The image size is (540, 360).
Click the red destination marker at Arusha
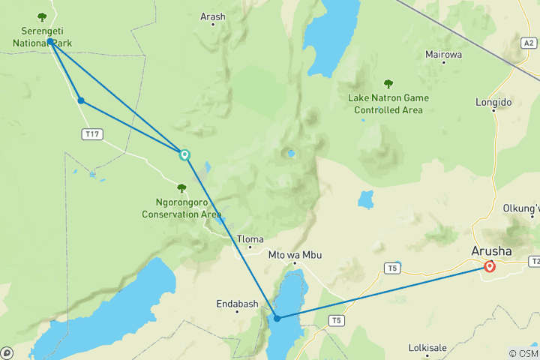(x=490, y=266)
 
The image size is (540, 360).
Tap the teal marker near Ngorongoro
(x=184, y=155)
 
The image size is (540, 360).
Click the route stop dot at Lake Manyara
(x=277, y=318)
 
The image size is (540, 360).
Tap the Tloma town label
(x=250, y=239)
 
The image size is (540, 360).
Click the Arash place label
(x=213, y=16)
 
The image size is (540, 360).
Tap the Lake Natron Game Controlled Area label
(x=388, y=103)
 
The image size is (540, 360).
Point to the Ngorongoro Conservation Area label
(x=181, y=208)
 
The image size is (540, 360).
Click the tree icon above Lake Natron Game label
(x=388, y=84)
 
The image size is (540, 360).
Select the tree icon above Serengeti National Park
(x=42, y=17)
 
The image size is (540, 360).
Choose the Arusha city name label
(x=492, y=250)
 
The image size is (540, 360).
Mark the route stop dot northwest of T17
(x=80, y=100)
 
